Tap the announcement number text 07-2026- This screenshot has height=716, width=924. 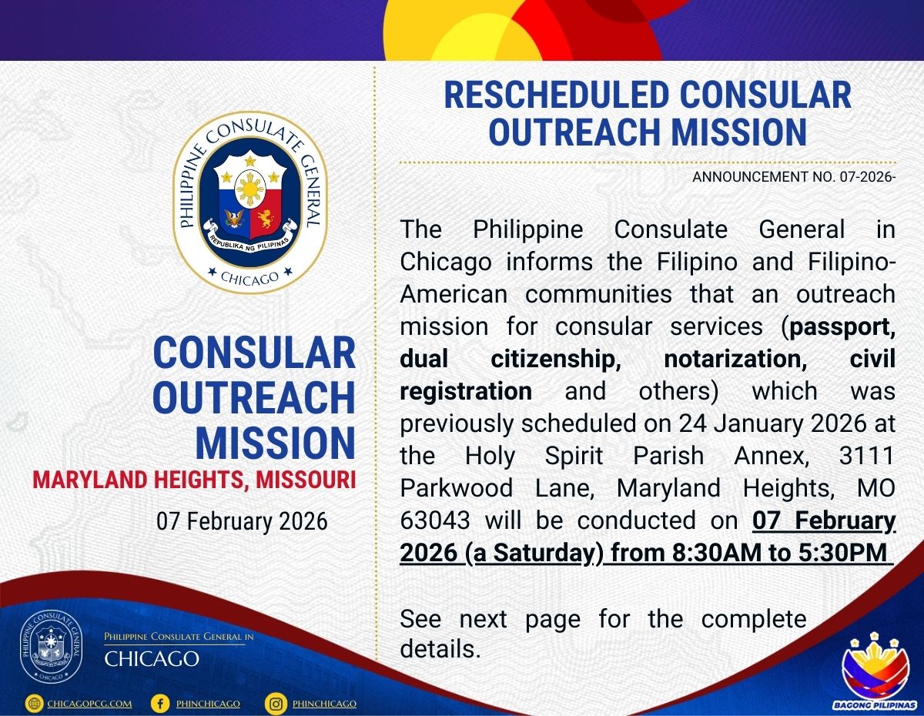(868, 177)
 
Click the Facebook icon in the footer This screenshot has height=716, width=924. (160, 704)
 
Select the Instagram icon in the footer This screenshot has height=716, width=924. (276, 704)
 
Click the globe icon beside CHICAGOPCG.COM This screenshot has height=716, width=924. (34, 704)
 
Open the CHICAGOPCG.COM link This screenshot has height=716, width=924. (89, 704)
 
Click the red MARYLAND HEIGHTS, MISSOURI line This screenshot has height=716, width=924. (194, 480)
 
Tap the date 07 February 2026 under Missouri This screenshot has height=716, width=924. (242, 522)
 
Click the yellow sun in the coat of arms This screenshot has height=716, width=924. (251, 189)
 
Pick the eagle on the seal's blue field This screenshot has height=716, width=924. (234, 218)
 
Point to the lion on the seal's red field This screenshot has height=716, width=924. (266, 218)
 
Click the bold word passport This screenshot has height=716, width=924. (842, 327)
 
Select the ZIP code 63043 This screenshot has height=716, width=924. (435, 520)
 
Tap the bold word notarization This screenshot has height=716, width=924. (735, 360)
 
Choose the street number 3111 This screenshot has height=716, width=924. (867, 455)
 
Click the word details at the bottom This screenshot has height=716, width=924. (440, 649)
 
